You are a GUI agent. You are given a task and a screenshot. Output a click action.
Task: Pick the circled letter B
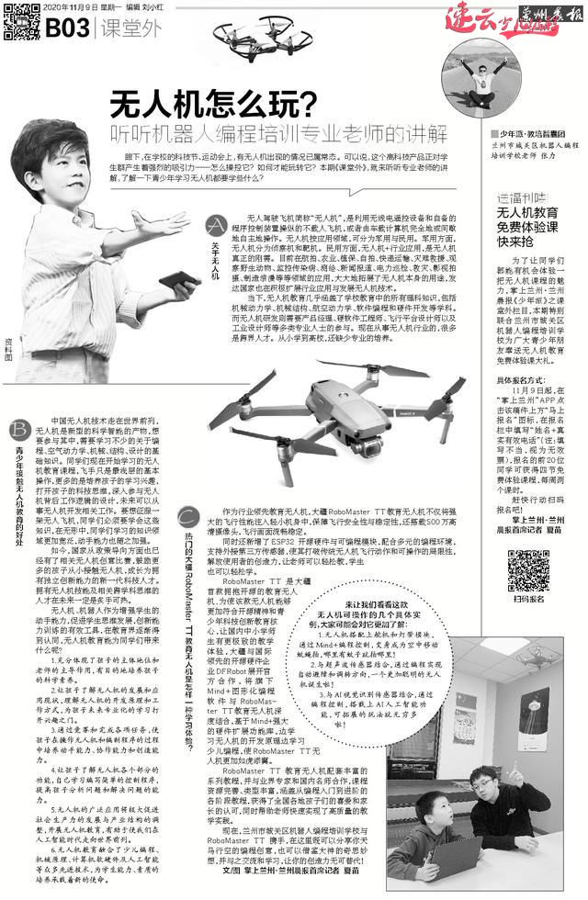click(x=18, y=430)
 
